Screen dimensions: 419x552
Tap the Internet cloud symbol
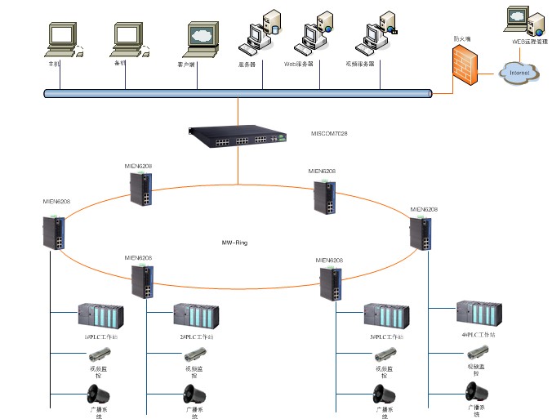pos(519,73)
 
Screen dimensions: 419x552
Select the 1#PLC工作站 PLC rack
pos(100,316)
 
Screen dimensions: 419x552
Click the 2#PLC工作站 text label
pos(196,337)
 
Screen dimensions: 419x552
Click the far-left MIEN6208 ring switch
pos(56,232)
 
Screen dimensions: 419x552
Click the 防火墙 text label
pos(462,38)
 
